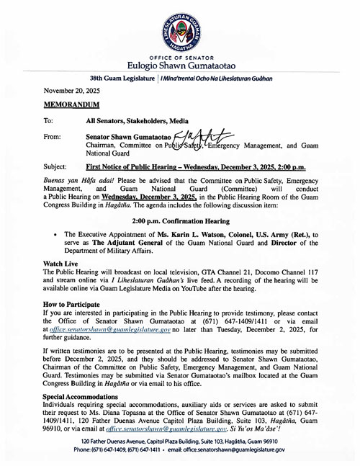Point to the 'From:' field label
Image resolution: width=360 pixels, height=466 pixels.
(x=53, y=135)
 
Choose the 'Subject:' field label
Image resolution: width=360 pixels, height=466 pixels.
(x=55, y=165)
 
